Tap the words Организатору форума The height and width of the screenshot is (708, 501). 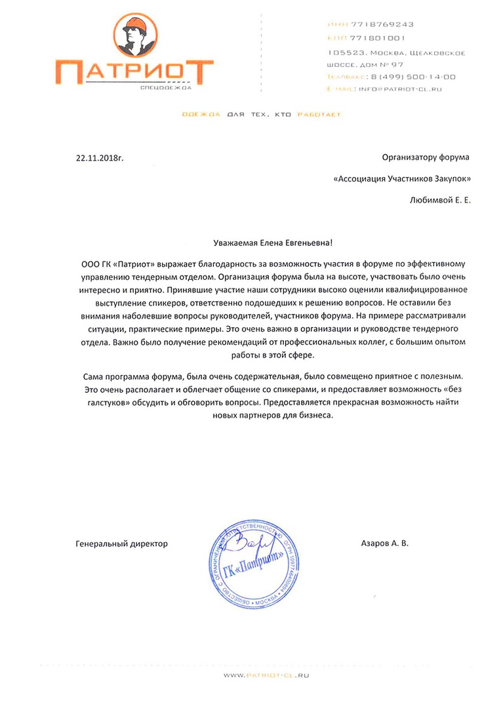click(426, 157)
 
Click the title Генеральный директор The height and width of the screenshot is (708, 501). click(122, 543)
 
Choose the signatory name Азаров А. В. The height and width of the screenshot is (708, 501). click(384, 543)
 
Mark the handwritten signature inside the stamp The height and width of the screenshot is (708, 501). click(254, 543)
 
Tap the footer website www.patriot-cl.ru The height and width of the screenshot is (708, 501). click(266, 674)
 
